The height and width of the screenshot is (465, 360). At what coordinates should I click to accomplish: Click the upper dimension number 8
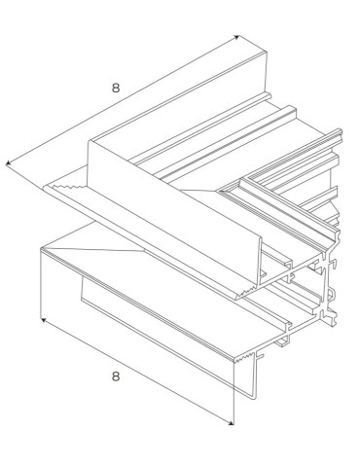click(116, 88)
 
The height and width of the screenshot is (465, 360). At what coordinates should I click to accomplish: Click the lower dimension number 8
click(116, 376)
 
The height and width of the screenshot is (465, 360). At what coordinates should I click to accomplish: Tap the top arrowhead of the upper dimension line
click(235, 38)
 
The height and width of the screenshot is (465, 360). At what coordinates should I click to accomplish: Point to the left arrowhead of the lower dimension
click(42, 318)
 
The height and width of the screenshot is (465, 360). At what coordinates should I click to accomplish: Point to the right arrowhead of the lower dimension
click(231, 422)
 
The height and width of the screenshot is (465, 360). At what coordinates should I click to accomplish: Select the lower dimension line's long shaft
click(136, 371)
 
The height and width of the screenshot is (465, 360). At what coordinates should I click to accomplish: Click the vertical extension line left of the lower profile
click(39, 282)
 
